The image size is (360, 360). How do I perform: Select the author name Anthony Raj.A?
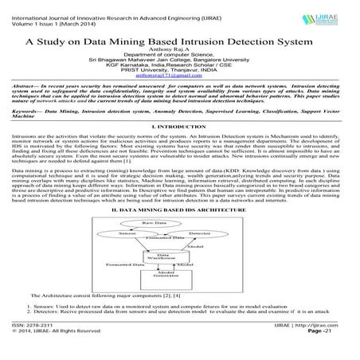(179, 53)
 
